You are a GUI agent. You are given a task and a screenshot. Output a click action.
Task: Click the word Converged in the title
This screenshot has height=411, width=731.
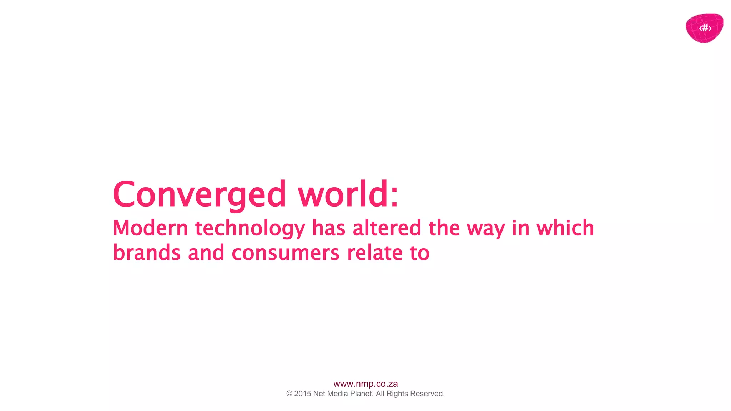(199, 194)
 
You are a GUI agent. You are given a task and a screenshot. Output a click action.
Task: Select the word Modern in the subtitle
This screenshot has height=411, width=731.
(150, 228)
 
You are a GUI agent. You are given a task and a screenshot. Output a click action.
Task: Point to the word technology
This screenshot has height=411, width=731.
(250, 229)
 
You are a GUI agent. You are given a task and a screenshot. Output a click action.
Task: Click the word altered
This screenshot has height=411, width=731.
(387, 228)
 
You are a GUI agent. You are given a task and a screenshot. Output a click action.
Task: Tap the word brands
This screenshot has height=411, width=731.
(147, 253)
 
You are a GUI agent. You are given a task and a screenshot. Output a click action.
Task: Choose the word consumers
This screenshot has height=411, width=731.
(286, 253)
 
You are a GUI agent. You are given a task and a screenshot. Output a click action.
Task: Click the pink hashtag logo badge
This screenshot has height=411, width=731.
(704, 28)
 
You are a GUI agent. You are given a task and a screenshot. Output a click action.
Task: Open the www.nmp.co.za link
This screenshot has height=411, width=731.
(365, 384)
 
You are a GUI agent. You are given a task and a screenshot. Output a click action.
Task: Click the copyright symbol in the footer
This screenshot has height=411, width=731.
(289, 394)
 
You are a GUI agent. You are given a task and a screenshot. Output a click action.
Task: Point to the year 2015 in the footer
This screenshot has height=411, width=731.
(303, 394)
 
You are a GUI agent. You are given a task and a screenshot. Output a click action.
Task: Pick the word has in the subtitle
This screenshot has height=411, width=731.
(328, 228)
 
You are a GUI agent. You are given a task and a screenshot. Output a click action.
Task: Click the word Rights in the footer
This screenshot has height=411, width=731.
(397, 394)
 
